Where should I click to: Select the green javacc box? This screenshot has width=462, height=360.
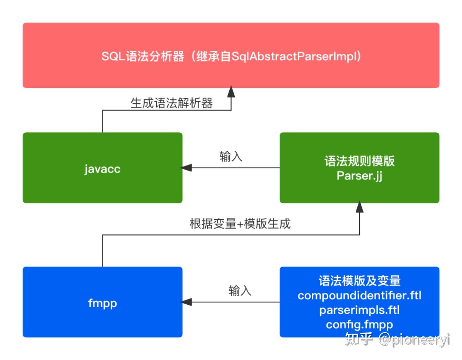click(102, 168)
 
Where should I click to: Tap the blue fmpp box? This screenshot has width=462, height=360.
click(102, 302)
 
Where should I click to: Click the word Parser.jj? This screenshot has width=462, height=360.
click(359, 176)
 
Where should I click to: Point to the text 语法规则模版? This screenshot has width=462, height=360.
click(359, 161)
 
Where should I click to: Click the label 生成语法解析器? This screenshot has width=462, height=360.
click(172, 103)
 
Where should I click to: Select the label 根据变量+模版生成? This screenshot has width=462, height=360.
click(240, 223)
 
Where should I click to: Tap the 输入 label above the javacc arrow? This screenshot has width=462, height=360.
click(231, 157)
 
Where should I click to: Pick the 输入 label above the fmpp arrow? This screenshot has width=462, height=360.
click(240, 291)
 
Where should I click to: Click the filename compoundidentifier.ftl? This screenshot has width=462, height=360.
click(359, 295)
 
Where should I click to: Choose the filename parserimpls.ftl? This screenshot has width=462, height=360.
click(359, 310)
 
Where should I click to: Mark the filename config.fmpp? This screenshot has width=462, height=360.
click(359, 324)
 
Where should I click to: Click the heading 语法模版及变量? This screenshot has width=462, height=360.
click(359, 281)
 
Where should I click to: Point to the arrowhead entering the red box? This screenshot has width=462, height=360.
click(231, 92)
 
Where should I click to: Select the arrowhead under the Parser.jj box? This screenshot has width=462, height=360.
click(359, 207)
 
